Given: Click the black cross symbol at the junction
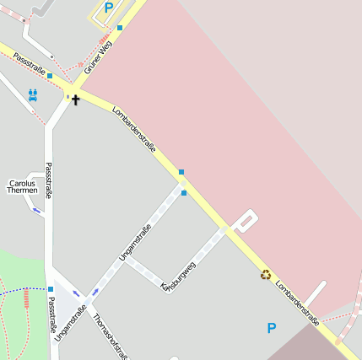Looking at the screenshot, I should click(x=76, y=100).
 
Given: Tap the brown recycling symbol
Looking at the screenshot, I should click(x=266, y=274).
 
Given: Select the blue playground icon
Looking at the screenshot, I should click(x=33, y=94).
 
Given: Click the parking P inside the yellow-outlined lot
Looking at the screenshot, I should click(x=108, y=8).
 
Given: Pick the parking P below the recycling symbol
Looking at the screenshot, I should click(x=271, y=328).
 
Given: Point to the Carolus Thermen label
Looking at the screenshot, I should click(x=22, y=186).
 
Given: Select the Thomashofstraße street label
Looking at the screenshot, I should click(x=111, y=336).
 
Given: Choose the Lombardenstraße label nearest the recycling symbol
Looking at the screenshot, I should click(x=298, y=302).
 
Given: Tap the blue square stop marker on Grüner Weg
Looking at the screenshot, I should click(x=120, y=28).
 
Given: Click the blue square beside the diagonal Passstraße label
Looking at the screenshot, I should click(x=50, y=76).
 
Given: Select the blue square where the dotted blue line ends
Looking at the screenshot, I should click(x=51, y=289).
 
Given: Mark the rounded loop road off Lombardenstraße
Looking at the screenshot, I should click(x=245, y=220).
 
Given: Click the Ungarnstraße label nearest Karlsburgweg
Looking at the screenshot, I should click(x=136, y=242).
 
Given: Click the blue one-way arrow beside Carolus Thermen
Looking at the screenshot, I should click(x=38, y=209).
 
